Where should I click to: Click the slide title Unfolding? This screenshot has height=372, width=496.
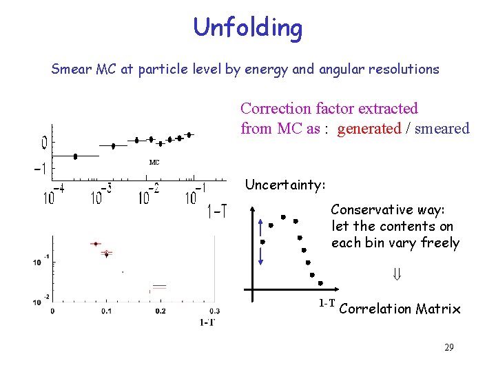tap(247, 28)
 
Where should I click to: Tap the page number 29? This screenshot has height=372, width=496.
tap(448, 347)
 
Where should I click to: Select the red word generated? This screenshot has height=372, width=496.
tap(369, 128)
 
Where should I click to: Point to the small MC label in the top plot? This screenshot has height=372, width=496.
tap(154, 163)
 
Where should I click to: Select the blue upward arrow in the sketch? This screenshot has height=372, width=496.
tap(262, 227)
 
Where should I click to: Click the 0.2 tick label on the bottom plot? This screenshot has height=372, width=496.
tap(160, 311)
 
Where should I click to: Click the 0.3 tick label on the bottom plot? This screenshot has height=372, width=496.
tap(213, 311)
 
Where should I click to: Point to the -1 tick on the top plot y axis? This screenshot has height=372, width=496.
tap(41, 169)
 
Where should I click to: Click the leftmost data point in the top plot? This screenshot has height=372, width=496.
tap(75, 156)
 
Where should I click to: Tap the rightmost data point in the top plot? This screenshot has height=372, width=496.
tap(188, 135)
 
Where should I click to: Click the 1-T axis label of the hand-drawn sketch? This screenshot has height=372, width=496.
tap(327, 303)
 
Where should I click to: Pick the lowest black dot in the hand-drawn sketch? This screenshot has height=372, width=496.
tap(320, 283)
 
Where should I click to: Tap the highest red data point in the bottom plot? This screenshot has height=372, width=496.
tap(96, 243)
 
